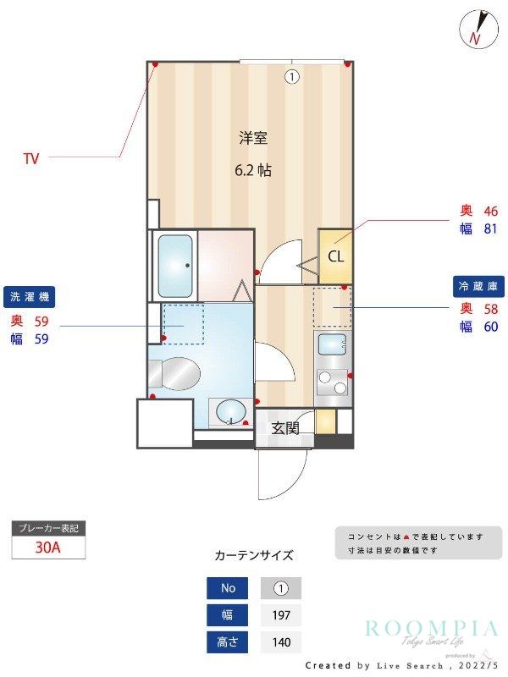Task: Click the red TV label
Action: click(31, 157)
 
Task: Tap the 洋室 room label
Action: click(253, 138)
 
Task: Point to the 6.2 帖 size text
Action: click(253, 170)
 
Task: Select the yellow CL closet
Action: click(335, 256)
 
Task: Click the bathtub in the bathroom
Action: click(175, 265)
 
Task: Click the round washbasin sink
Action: click(230, 413)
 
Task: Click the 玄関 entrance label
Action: click(285, 428)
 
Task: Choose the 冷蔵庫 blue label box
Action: click(478, 286)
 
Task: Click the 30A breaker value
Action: click(48, 547)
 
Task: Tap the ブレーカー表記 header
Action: click(48, 528)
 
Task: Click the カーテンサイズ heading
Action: click(254, 556)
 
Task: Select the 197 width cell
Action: click(280, 615)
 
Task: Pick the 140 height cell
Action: click(280, 642)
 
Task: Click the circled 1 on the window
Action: click(292, 77)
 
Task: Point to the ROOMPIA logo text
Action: click(432, 628)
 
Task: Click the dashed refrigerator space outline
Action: click(332, 307)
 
